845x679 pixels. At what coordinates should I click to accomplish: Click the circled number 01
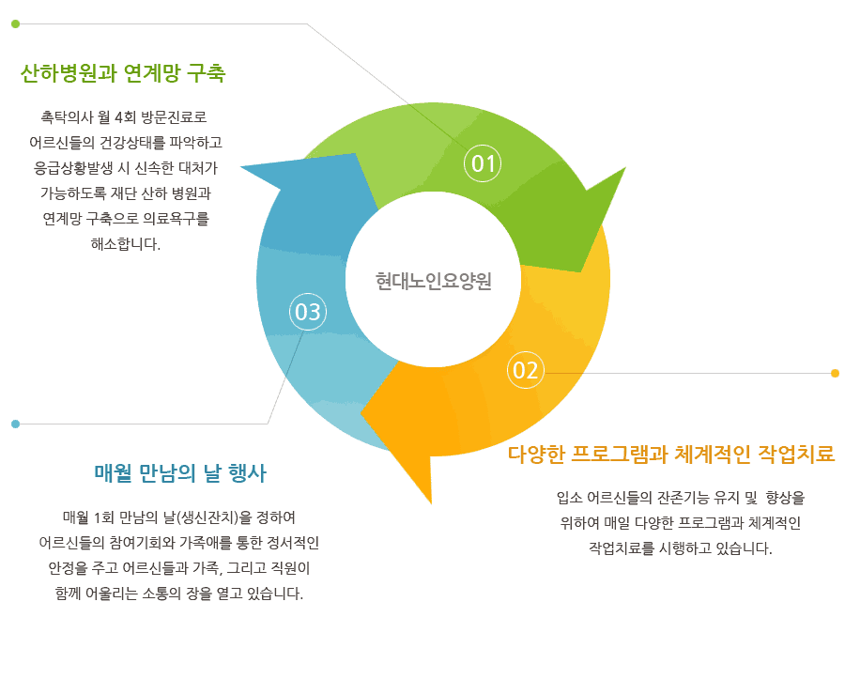[x=483, y=164]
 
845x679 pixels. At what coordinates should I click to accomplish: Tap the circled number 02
[x=526, y=371]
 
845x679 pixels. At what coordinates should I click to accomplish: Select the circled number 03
[x=308, y=312]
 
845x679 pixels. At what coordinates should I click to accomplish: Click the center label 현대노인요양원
[x=433, y=280]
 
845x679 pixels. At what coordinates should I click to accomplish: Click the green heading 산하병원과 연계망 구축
[x=123, y=73]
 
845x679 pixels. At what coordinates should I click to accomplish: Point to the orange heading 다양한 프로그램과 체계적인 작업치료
[x=671, y=455]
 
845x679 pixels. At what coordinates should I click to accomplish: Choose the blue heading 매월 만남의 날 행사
[x=187, y=471]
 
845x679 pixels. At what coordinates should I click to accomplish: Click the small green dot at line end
[x=15, y=23]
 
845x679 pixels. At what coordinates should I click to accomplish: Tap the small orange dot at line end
[x=835, y=373]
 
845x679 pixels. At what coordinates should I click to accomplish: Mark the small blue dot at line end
[x=15, y=424]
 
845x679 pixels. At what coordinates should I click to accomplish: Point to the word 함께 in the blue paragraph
[x=70, y=593]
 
